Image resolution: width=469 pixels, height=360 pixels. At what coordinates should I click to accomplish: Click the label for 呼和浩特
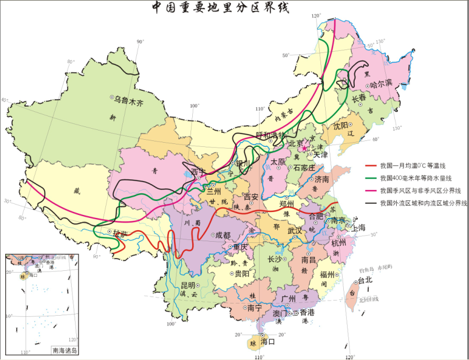pyautogui.click(x=271, y=135)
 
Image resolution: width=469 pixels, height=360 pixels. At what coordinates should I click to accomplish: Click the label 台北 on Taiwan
pyautogui.click(x=365, y=280)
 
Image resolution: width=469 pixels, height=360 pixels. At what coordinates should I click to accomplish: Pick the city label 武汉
pyautogui.click(x=295, y=231)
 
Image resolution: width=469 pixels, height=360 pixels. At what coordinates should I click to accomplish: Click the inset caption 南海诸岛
pyautogui.click(x=65, y=351)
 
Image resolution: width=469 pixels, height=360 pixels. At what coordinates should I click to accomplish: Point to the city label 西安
pyautogui.click(x=251, y=197)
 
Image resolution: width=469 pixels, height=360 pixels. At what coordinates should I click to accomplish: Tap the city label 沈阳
pyautogui.click(x=341, y=125)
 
